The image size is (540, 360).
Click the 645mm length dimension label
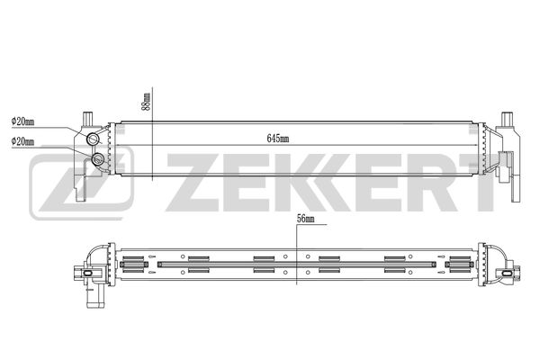[x=278, y=139]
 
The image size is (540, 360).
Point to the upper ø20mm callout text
[x=22, y=122]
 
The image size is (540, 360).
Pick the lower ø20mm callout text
[x=22, y=141]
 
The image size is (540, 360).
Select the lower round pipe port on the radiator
[x=98, y=159]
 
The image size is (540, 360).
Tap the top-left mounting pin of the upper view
[x=86, y=118]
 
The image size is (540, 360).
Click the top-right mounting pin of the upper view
[x=507, y=118]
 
